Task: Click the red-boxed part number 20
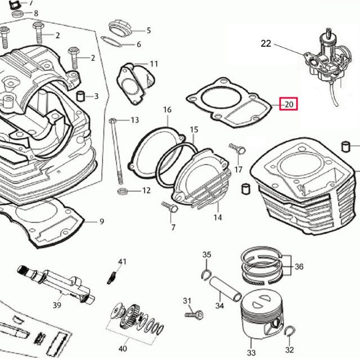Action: (x=289, y=104)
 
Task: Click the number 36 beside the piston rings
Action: (x=299, y=267)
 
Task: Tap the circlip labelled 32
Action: (x=290, y=332)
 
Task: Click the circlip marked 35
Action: (x=206, y=275)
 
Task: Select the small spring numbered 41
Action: (x=112, y=277)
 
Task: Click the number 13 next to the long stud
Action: (x=134, y=120)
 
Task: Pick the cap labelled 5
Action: (x=119, y=27)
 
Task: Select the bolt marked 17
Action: (x=237, y=149)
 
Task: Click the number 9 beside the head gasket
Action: (x=102, y=221)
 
